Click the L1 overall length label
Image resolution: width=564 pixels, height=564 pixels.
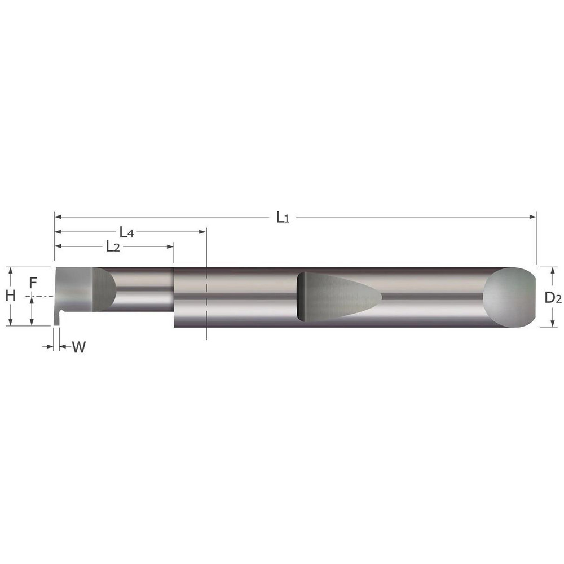(283, 217)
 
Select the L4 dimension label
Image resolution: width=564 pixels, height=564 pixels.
(126, 232)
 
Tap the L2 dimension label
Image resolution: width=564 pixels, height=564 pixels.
(113, 246)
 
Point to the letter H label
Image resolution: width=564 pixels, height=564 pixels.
(10, 295)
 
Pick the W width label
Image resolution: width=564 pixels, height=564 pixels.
(79, 347)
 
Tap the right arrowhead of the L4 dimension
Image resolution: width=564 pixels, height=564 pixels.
(202, 231)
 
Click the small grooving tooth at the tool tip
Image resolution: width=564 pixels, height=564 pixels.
(57, 318)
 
